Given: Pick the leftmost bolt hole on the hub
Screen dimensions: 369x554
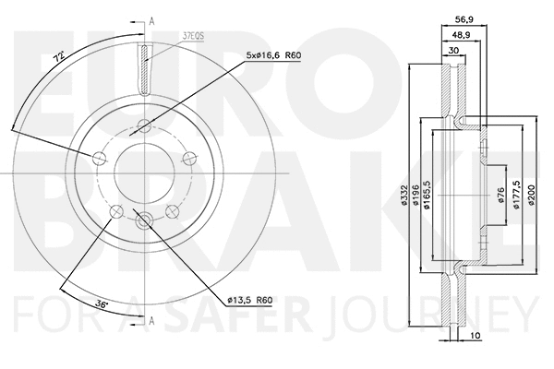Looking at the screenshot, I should click(x=100, y=160).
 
